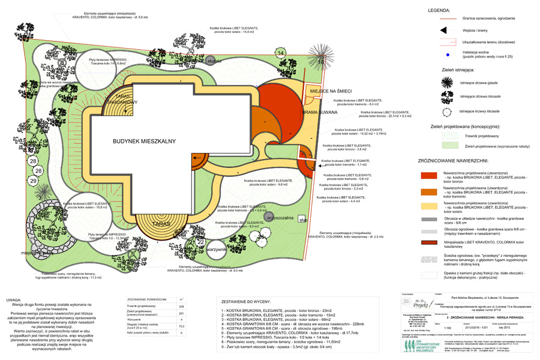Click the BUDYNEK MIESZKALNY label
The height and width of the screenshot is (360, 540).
143,140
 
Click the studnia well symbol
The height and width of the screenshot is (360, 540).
211,61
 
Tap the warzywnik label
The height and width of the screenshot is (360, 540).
216,248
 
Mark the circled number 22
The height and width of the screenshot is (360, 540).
200,242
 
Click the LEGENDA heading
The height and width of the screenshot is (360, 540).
442,11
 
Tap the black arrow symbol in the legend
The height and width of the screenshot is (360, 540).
443,31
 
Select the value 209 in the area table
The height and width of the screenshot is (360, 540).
181,306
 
